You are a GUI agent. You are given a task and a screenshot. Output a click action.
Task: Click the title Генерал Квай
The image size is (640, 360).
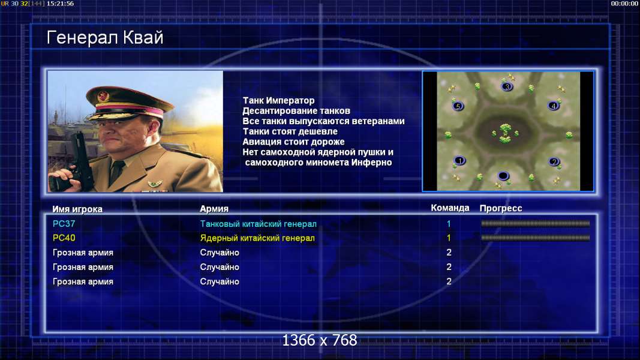(105, 38)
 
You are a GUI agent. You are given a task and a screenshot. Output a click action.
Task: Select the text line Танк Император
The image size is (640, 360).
(279, 100)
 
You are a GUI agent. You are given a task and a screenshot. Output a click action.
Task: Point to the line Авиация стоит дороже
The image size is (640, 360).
(293, 142)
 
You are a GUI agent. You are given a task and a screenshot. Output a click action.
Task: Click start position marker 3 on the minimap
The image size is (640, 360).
(507, 86)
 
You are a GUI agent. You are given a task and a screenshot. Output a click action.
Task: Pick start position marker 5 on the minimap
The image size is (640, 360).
(458, 107)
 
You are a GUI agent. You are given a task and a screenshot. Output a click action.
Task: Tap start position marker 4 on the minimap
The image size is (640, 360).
(554, 106)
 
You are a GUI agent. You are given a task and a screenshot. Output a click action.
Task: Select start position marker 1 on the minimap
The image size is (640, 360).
(459, 161)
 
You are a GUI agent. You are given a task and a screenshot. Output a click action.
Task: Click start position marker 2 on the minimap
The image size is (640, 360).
(554, 161)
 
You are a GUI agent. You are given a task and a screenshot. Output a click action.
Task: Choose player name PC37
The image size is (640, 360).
(64, 224)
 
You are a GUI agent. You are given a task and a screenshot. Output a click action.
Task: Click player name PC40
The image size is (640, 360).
(64, 238)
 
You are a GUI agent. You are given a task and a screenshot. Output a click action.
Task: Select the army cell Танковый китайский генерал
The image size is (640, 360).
(259, 224)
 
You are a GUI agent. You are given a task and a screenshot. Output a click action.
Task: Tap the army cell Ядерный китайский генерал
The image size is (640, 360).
(257, 238)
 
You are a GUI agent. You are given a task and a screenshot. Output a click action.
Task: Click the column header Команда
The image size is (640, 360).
(450, 208)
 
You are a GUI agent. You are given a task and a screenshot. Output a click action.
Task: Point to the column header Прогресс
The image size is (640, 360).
(501, 209)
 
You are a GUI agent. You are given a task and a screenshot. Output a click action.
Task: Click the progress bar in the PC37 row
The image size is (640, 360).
(536, 224)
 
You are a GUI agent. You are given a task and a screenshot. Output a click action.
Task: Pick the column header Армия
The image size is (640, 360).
(214, 209)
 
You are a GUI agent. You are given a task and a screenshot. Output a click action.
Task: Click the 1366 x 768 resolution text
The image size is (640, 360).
(320, 340)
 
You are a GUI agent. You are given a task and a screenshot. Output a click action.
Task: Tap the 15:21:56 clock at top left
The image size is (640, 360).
(60, 4)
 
